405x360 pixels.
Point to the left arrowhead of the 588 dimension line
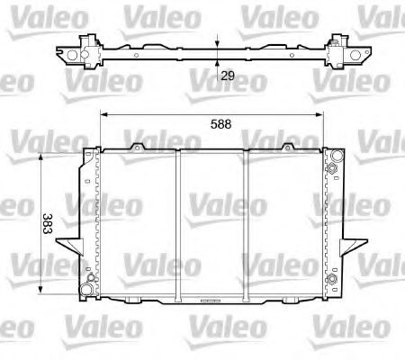point(103,114)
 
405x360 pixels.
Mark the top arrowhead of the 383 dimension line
point(42,157)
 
